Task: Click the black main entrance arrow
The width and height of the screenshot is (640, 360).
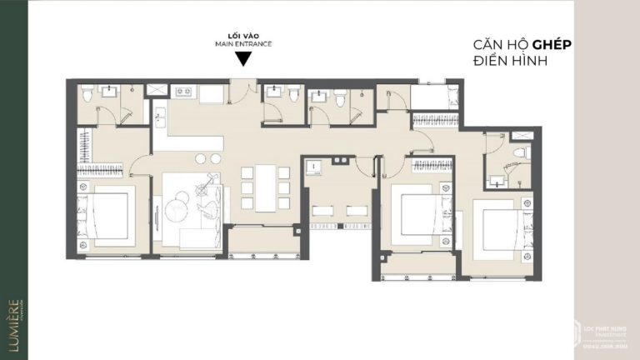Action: click(242, 58)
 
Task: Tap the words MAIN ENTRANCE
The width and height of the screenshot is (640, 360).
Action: click(242, 44)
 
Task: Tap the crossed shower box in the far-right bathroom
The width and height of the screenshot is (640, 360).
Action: click(522, 135)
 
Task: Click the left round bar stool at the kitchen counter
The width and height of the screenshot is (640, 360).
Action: click(201, 158)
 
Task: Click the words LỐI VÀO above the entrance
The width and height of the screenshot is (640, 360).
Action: click(242, 36)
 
